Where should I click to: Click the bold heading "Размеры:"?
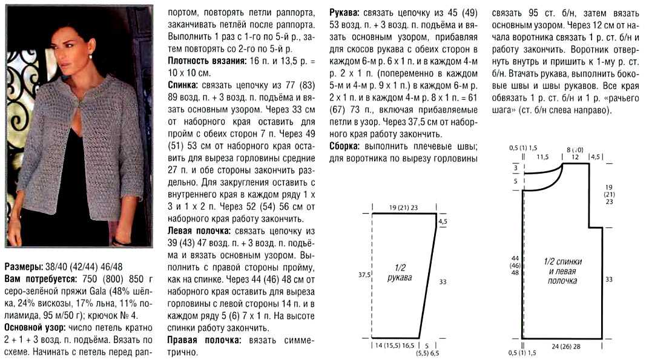[23, 266]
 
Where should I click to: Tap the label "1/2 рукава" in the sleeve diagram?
[399, 272]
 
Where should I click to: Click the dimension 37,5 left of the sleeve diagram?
[364, 274]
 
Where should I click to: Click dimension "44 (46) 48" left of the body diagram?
[516, 266]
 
